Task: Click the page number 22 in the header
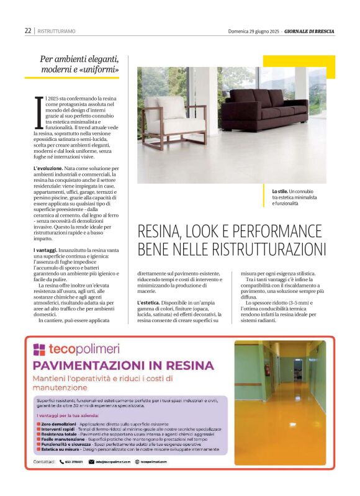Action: click(28, 30)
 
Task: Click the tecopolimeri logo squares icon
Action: click(39, 349)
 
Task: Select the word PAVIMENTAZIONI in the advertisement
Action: click(86, 365)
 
